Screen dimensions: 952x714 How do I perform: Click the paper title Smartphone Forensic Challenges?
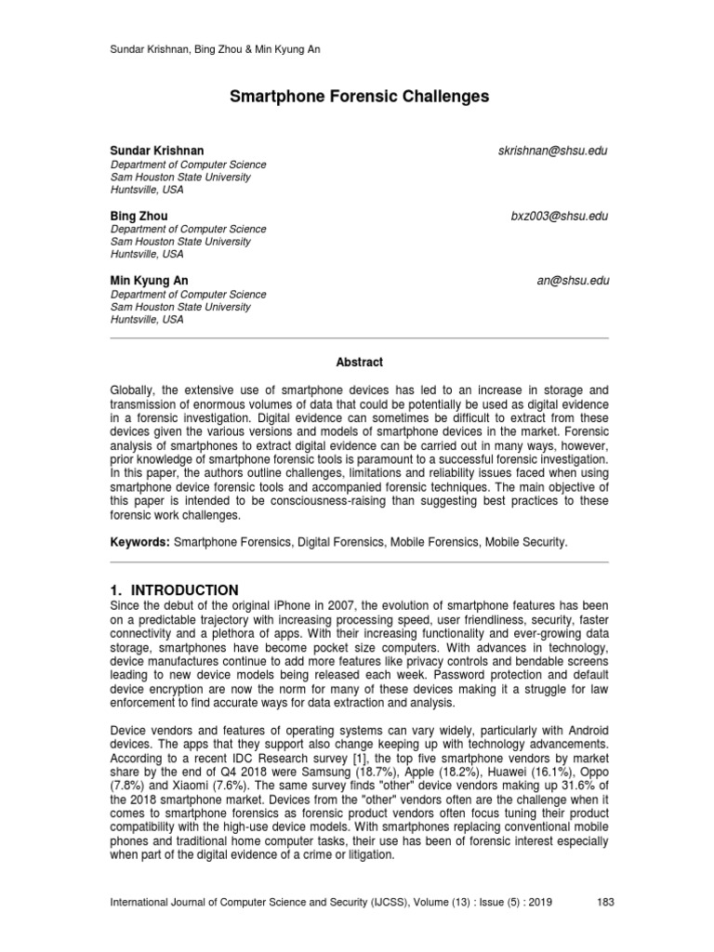[357, 97]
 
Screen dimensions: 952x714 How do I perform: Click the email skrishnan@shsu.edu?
[553, 151]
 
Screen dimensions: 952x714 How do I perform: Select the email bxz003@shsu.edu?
[559, 216]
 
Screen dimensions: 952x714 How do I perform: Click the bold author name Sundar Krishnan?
[157, 151]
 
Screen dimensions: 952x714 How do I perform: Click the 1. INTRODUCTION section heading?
[175, 590]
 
